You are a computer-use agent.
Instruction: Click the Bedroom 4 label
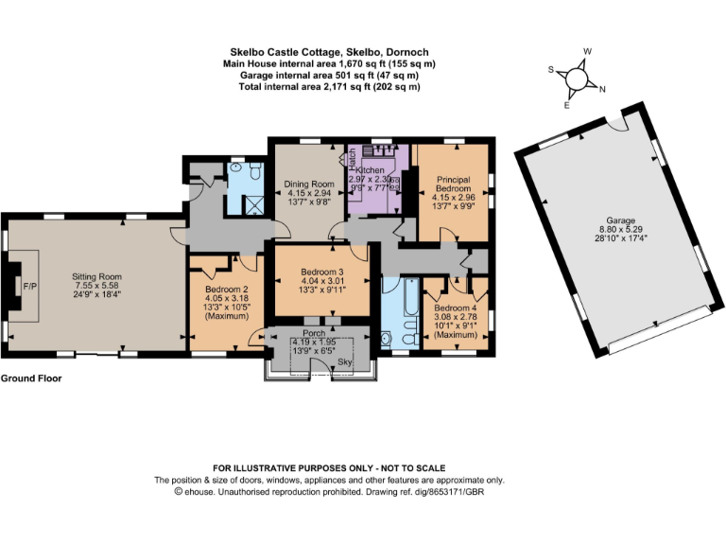pos(456,308)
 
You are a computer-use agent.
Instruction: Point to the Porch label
pos(313,333)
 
